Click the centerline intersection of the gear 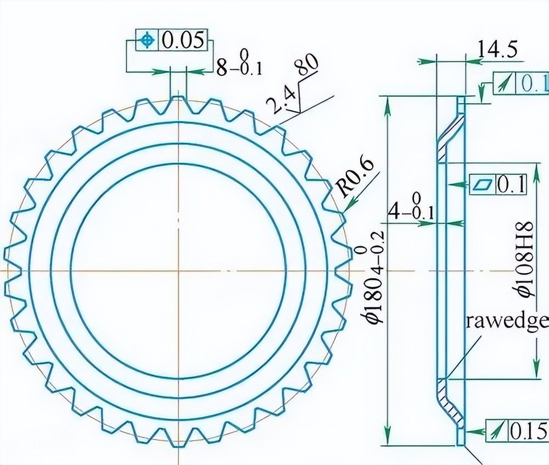[x=178, y=272]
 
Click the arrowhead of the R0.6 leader [x=343, y=211]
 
